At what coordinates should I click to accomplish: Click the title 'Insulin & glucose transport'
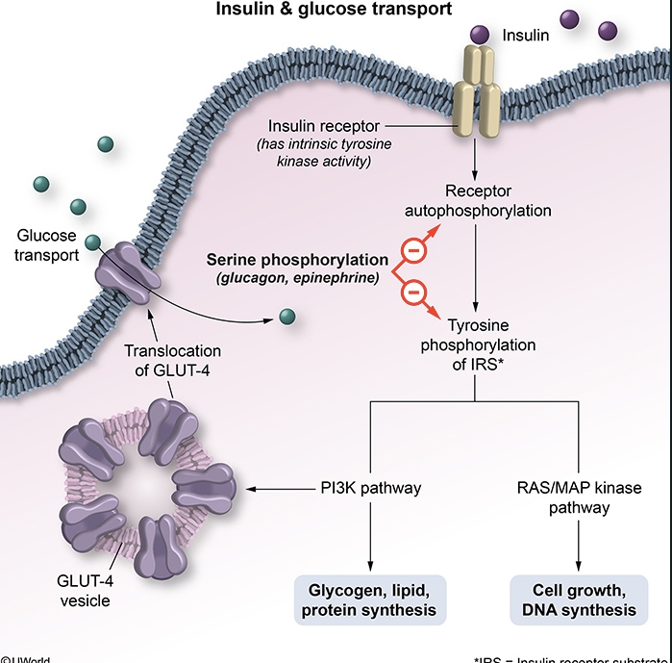point(336,11)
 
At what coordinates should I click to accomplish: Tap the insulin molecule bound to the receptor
point(480,35)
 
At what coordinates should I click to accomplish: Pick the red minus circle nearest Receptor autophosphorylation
point(411,250)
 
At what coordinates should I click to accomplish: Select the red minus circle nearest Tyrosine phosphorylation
point(411,288)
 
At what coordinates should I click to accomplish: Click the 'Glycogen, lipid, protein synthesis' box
point(371,599)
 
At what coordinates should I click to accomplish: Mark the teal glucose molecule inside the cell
point(286,316)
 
